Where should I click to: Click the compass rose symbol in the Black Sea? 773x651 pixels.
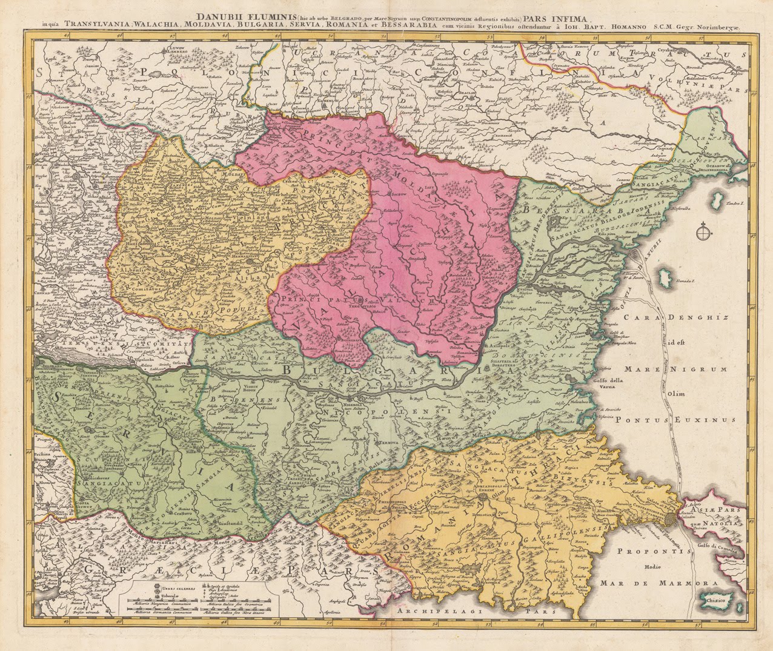click(703, 231)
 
